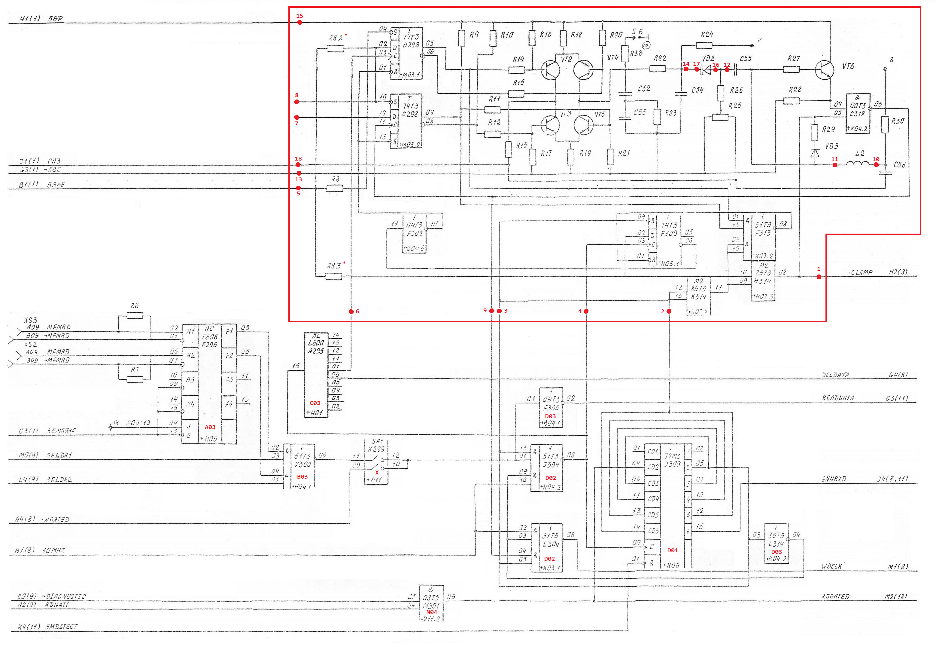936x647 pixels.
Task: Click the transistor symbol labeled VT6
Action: [x=824, y=70]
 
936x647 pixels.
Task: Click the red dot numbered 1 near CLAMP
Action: [x=819, y=277]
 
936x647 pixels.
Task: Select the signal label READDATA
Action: [x=837, y=398]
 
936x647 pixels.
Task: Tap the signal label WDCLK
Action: [x=831, y=566]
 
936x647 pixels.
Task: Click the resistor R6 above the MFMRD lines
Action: [x=135, y=315]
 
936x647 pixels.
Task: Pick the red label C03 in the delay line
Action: [x=315, y=403]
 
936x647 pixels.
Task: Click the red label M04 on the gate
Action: [x=432, y=612]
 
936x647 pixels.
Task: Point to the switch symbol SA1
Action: [x=377, y=462]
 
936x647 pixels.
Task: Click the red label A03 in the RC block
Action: [x=210, y=427]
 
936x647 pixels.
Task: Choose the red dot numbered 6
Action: [x=351, y=311]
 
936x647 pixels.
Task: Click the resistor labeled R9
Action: [x=462, y=38]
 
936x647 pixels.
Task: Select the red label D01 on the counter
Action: [x=672, y=550]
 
